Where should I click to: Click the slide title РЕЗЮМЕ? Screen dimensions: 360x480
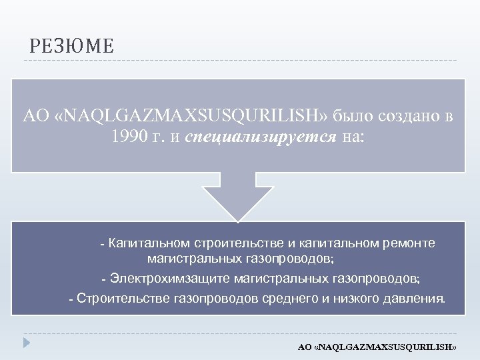71,47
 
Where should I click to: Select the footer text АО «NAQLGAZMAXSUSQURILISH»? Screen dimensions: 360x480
377,348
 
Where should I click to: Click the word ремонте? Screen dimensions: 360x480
412,243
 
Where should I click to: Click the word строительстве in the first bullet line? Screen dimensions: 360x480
234,243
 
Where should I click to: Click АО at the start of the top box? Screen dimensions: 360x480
33,115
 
